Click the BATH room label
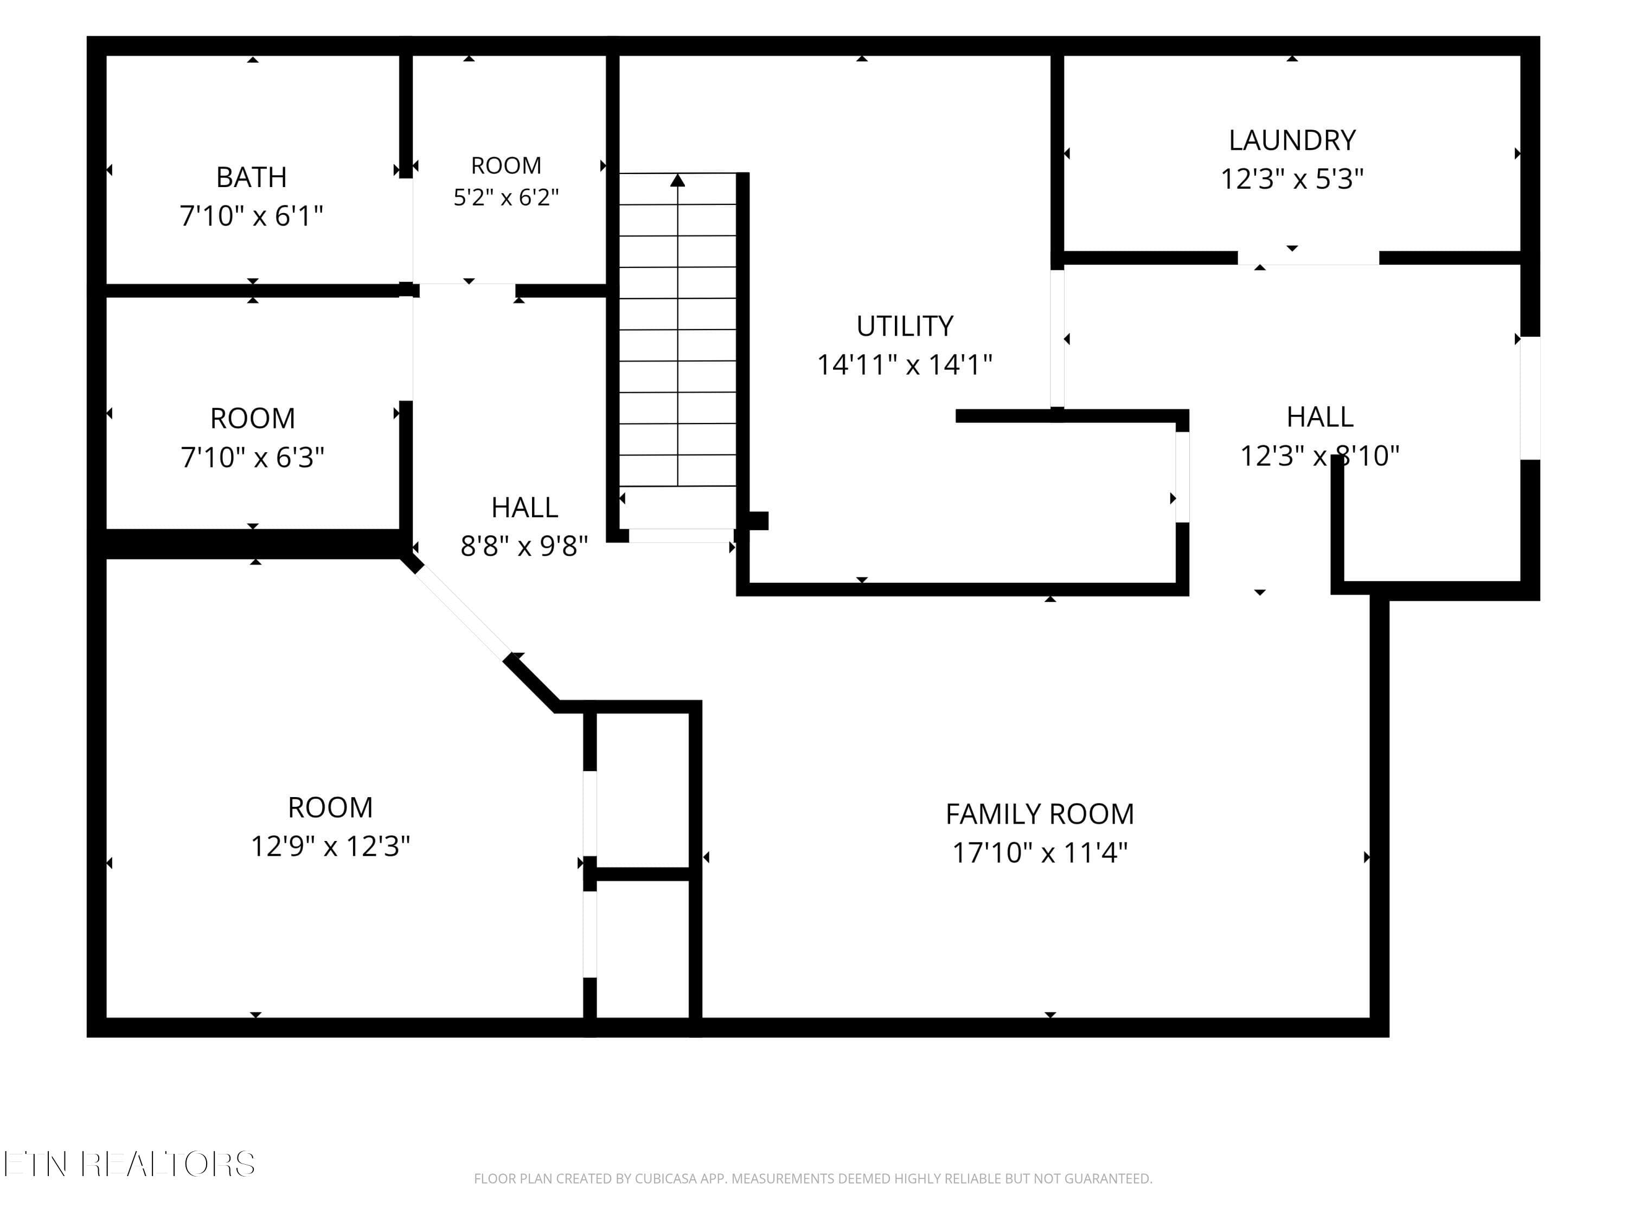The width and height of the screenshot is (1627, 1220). (x=252, y=177)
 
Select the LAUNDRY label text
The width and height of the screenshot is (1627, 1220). (x=1292, y=140)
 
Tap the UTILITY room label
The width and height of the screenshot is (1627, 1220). (x=905, y=326)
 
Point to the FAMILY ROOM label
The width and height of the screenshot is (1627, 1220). (x=1039, y=814)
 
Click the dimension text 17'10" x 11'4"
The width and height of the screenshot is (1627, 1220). (x=1039, y=853)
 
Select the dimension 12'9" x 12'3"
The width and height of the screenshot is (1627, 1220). (x=330, y=846)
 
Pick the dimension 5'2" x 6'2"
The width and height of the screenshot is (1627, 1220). (x=506, y=197)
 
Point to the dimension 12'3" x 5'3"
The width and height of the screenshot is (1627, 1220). (x=1292, y=179)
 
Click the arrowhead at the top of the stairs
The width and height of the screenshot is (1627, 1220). (x=677, y=179)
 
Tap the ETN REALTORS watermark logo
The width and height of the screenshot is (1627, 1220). (x=130, y=1164)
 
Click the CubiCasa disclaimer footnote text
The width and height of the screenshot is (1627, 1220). (x=813, y=1179)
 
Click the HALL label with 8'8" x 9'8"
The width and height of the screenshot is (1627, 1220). (x=524, y=508)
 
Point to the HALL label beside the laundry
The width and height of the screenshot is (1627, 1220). (x=1319, y=417)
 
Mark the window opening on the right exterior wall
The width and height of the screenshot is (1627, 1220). (x=1530, y=398)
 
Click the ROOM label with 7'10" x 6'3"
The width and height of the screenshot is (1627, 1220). (x=252, y=419)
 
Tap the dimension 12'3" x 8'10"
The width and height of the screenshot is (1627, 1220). (x=1319, y=456)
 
